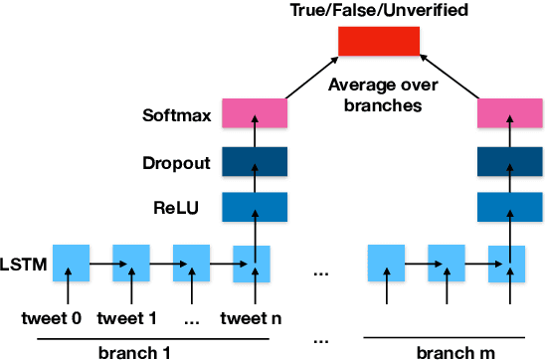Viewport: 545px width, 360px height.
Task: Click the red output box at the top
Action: pos(378,41)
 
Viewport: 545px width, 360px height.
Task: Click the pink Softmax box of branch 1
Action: pos(254,114)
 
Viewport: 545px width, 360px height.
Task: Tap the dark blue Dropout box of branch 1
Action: pos(254,161)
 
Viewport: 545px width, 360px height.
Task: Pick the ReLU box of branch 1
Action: pos(254,207)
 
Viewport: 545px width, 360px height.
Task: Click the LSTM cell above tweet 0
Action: pos(71,265)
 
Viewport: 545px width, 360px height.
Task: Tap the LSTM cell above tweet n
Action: pos(252,265)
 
